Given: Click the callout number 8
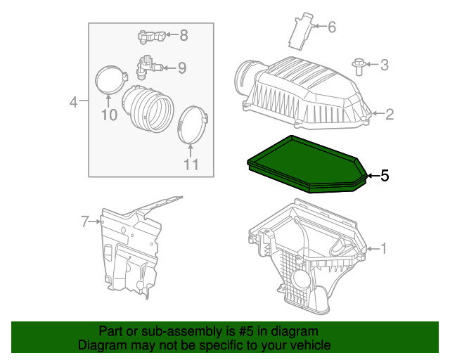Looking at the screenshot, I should (x=184, y=34).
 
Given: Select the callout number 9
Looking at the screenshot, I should (x=181, y=67).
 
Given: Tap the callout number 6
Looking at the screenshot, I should (x=331, y=27).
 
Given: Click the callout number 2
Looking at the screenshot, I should (x=389, y=114).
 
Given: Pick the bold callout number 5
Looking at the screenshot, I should (x=384, y=176).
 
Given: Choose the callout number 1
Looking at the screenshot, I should (x=383, y=248).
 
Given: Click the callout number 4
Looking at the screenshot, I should (x=73, y=103).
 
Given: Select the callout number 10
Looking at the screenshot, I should (x=108, y=115).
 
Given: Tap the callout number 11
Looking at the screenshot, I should (x=191, y=165).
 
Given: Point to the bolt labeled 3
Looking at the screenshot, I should (x=359, y=66).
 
